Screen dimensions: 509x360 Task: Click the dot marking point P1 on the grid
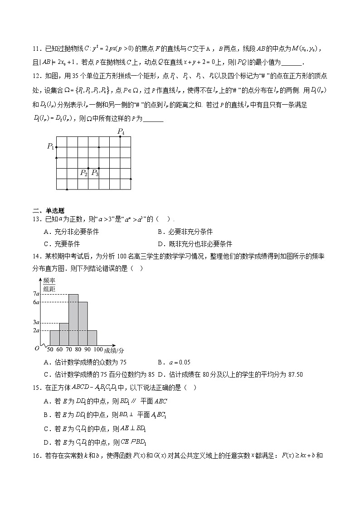(56, 147)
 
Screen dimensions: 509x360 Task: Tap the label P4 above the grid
(121, 131)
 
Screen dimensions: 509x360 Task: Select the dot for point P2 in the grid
(88, 168)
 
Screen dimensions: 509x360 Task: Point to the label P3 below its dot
(95, 173)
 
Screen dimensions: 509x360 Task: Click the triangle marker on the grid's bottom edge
(67, 189)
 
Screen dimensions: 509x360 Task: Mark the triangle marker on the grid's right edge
(131, 179)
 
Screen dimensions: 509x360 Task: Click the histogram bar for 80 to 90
(83, 323)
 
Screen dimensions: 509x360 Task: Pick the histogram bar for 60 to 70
(64, 334)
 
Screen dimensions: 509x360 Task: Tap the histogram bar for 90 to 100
(92, 338)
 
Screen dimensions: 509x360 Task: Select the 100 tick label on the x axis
(98, 350)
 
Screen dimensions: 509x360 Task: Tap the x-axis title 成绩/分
(114, 350)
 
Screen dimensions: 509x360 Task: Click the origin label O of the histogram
(37, 348)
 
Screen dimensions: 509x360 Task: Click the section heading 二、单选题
(49, 210)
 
